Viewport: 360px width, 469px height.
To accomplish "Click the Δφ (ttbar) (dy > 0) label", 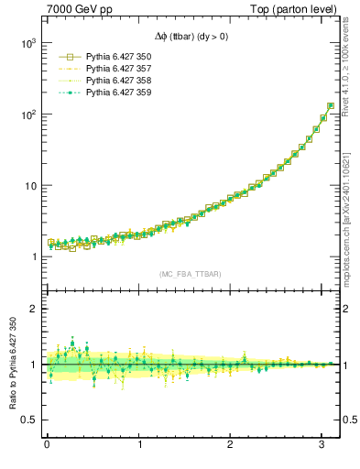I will [190, 37].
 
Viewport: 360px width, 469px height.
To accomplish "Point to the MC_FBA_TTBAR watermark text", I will [191, 274].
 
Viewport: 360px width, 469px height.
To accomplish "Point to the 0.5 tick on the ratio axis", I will [27, 420].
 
